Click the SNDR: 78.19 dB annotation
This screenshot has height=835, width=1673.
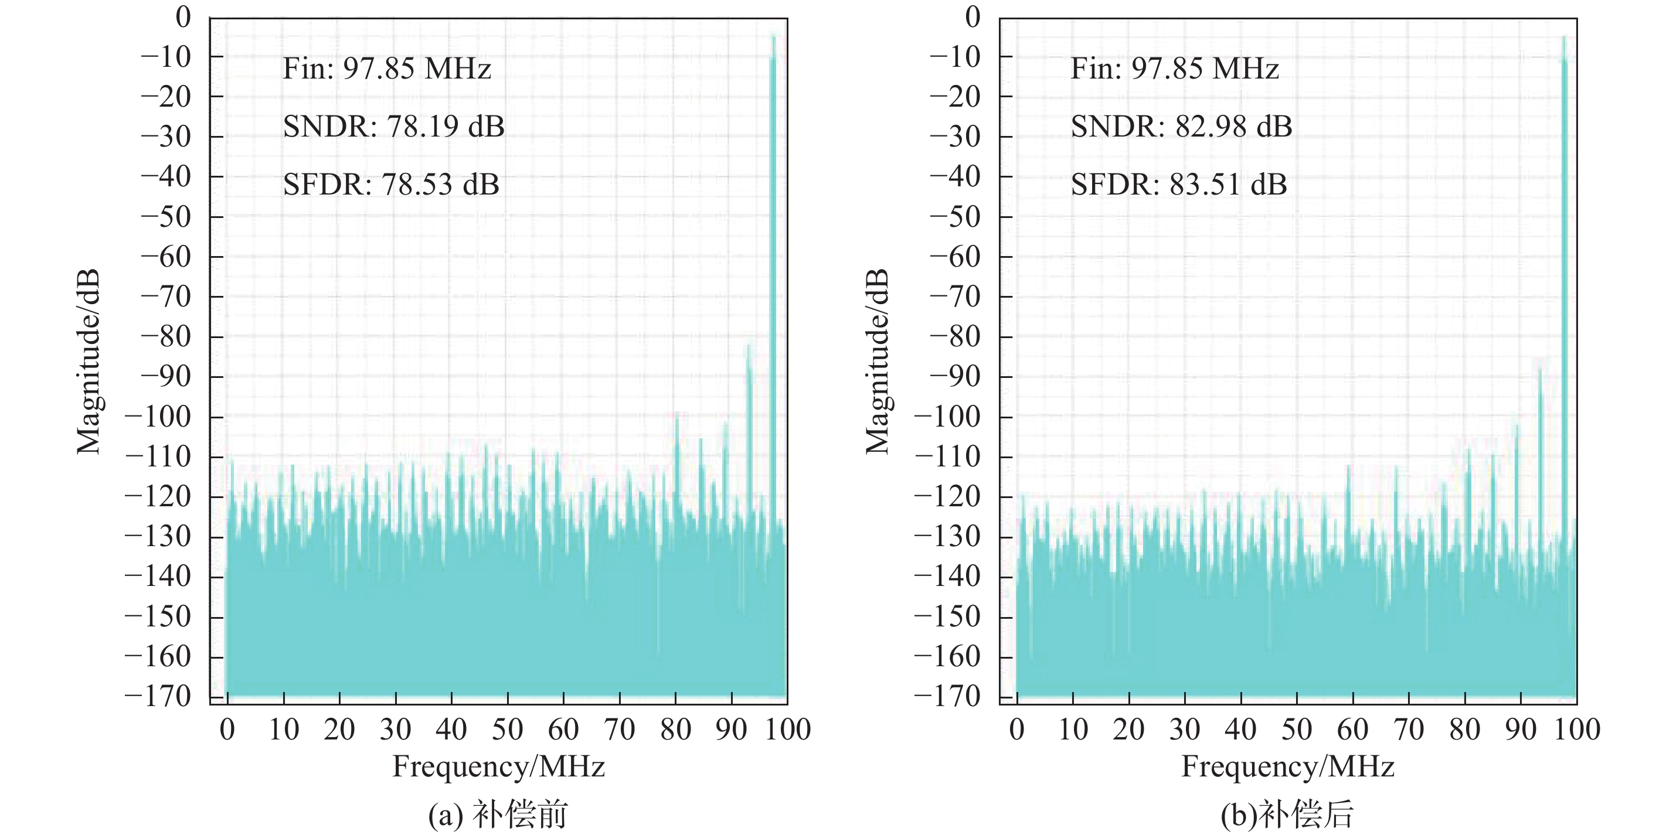click(393, 126)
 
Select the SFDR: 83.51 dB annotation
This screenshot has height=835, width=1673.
click(1179, 185)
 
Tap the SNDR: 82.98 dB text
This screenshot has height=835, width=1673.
click(1181, 126)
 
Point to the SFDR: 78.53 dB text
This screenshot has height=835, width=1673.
click(391, 185)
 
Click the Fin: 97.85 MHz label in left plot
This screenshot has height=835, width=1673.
click(387, 69)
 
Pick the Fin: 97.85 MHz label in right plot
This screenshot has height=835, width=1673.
click(1175, 69)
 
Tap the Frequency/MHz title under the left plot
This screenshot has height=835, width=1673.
click(498, 766)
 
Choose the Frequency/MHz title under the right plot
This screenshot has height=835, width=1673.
click(1287, 766)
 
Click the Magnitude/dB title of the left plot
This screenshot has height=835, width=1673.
click(89, 361)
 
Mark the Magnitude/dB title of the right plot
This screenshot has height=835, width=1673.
click(878, 361)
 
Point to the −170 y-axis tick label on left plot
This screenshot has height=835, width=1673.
click(158, 697)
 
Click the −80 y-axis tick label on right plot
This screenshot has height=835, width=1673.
click(955, 337)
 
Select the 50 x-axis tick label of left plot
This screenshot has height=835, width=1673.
click(507, 730)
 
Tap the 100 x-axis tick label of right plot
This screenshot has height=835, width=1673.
click(1577, 730)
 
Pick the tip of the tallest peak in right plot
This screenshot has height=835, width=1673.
click(1564, 37)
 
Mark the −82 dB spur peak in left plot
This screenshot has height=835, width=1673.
click(749, 346)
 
